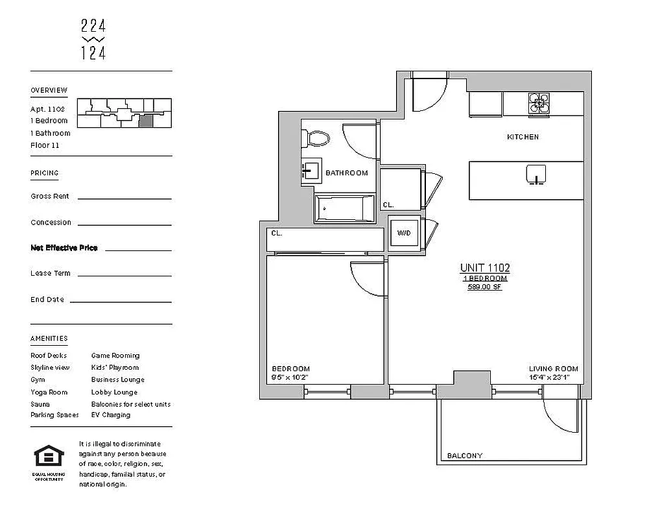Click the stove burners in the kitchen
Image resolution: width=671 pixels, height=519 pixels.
point(539,104)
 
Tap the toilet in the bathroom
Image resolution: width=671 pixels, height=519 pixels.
point(318,138)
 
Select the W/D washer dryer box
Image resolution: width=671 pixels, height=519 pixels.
point(404,234)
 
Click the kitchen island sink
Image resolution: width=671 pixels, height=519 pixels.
point(536,175)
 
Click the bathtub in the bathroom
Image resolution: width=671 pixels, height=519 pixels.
point(344,208)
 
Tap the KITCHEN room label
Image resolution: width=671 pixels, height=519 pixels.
point(523,137)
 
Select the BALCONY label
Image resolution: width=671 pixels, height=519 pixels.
point(465,456)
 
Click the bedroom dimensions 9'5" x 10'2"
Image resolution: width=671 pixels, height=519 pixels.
point(290,377)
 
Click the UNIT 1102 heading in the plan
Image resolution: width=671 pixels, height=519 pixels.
point(485,268)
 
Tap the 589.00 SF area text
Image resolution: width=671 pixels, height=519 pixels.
point(485,286)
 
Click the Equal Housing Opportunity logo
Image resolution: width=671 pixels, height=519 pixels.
point(49,457)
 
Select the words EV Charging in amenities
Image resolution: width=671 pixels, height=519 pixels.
point(111,415)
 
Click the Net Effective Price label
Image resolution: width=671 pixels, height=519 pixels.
point(64,248)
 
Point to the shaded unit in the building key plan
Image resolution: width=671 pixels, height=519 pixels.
point(147,120)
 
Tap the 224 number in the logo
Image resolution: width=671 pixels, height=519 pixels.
point(93,27)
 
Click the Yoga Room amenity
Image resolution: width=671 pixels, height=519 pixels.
point(49,392)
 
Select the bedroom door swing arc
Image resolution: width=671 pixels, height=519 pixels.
point(366,279)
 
